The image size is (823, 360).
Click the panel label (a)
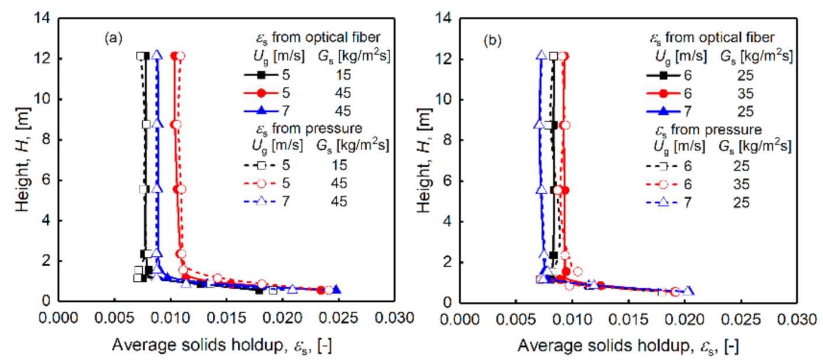point(113,40)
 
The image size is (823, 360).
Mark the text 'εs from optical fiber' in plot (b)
point(712,38)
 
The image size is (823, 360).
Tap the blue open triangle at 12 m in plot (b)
point(541,55)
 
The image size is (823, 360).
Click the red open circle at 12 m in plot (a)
point(180,56)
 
